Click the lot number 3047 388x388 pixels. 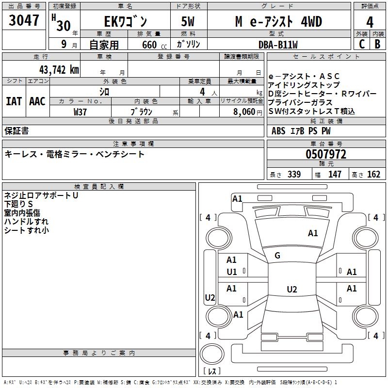point(24,20)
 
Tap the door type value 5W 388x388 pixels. point(188,22)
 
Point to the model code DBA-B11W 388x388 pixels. point(278,44)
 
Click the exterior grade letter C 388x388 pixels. point(361,44)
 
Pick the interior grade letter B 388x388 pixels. point(378,44)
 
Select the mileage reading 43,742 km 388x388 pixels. point(55,69)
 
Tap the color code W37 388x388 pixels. point(80,112)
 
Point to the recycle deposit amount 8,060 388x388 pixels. point(244,112)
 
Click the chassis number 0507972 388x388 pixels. point(325,154)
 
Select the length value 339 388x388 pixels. point(294,175)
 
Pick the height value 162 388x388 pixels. point(373,175)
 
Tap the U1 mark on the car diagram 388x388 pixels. point(232,272)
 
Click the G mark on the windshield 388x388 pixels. point(277,256)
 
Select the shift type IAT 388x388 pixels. point(14,101)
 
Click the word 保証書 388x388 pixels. point(16,130)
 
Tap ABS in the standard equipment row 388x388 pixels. point(278,131)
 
